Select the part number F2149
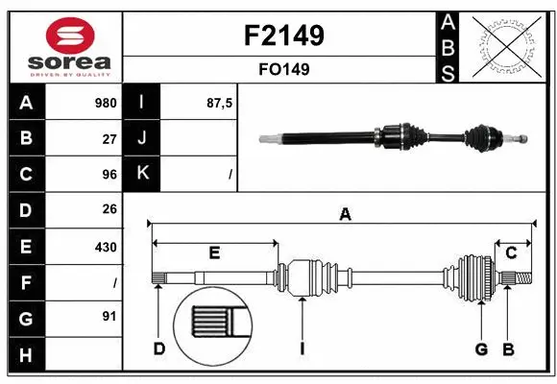(x=284, y=36)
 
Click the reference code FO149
(x=284, y=69)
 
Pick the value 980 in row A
(x=105, y=103)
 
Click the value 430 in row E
(x=106, y=247)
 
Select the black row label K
(x=142, y=174)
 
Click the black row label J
(x=142, y=138)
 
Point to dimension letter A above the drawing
(x=345, y=215)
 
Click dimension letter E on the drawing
(x=214, y=253)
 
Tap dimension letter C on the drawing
(x=511, y=253)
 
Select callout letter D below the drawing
(x=158, y=348)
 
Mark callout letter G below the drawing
(x=481, y=348)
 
